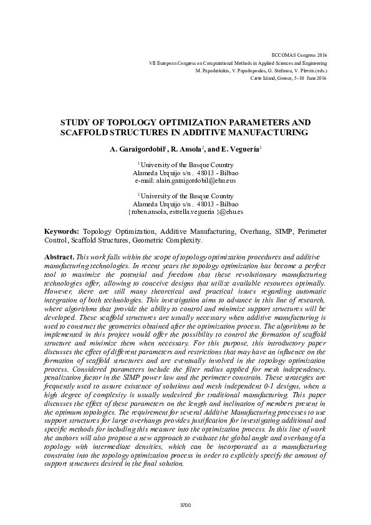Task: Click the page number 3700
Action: click(185, 504)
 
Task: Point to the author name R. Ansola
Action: click(187, 150)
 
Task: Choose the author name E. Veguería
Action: click(239, 150)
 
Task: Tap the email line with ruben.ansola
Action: click(185, 211)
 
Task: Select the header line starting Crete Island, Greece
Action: click(288, 79)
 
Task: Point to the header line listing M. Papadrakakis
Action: click(261, 71)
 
